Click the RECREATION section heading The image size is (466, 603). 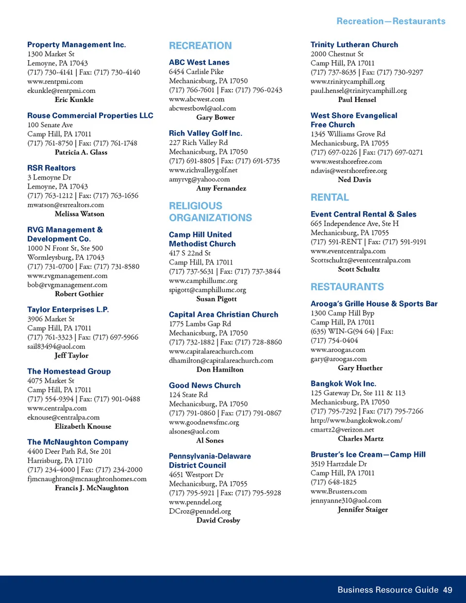(200, 46)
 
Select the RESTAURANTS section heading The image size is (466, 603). (347, 287)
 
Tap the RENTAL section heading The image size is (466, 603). (330, 197)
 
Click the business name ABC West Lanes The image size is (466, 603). (199, 62)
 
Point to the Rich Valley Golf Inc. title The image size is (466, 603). (205, 133)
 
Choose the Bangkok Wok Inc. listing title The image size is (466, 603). (343, 384)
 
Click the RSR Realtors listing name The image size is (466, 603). (51, 168)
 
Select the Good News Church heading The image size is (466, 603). (204, 385)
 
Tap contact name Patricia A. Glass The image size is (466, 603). (81, 152)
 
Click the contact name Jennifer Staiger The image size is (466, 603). (363, 510)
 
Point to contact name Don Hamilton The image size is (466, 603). (220, 369)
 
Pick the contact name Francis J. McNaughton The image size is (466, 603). (92, 488)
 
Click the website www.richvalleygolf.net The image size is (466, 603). (203, 170)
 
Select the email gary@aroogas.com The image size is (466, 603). (338, 359)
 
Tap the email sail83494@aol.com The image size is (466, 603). (56, 347)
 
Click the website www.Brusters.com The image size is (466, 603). (338, 491)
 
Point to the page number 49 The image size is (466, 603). (447, 590)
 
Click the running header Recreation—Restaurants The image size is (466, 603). (391, 21)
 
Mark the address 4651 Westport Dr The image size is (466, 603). (196, 474)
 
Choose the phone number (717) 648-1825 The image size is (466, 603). (333, 482)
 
